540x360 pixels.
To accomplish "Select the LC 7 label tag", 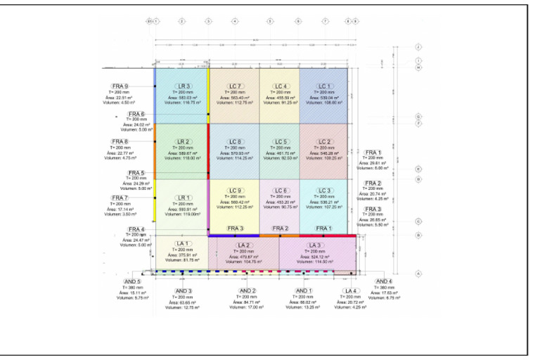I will (x=236, y=86).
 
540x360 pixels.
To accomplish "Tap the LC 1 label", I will (x=324, y=86).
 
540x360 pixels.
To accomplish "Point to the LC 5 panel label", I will (x=281, y=141).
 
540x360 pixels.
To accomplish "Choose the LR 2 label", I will (x=183, y=141).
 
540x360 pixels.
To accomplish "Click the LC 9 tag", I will (x=236, y=191).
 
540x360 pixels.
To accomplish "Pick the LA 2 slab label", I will (x=243, y=245).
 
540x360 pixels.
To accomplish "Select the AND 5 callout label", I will (x=132, y=281).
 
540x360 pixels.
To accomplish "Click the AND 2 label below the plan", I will (x=247, y=290).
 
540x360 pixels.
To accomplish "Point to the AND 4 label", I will (x=385, y=281).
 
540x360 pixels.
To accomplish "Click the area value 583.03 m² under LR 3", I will (x=183, y=97).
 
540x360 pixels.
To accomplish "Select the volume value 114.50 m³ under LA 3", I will (x=314, y=262).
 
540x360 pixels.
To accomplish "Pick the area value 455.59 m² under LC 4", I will (x=281, y=97).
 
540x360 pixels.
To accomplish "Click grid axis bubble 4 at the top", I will (x=234, y=22).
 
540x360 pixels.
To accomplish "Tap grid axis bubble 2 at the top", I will (x=181, y=22).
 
